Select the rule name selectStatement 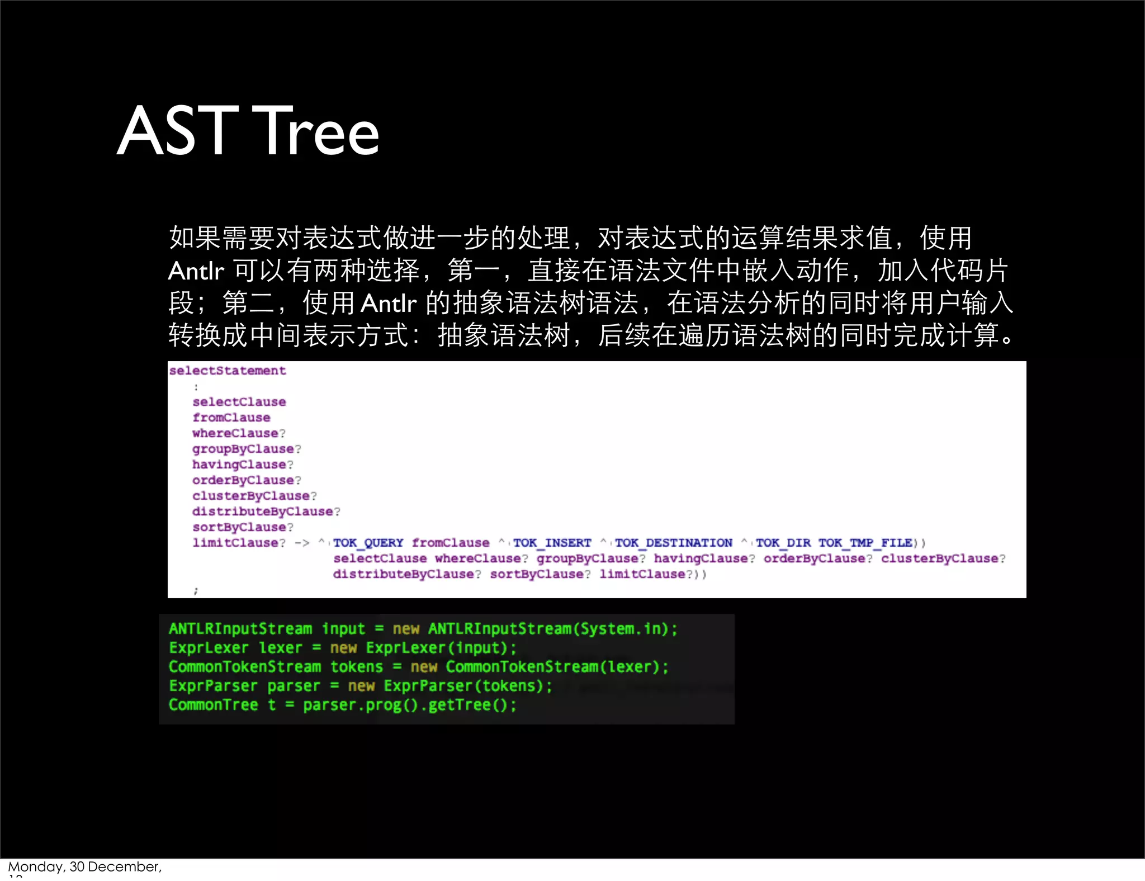pyautogui.click(x=228, y=371)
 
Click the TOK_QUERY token pyautogui.click(x=368, y=543)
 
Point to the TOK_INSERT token pyautogui.click(x=552, y=543)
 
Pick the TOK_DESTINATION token pyautogui.click(x=673, y=543)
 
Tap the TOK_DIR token pyautogui.click(x=783, y=543)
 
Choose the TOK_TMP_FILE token pyautogui.click(x=865, y=543)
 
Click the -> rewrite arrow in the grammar pyautogui.click(x=302, y=543)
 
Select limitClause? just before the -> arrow pyautogui.click(x=239, y=543)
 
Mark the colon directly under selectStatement pyautogui.click(x=196, y=387)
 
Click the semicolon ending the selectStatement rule pyautogui.click(x=196, y=590)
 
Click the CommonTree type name pyautogui.click(x=213, y=705)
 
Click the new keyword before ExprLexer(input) pyautogui.click(x=343, y=648)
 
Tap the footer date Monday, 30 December pyautogui.click(x=84, y=866)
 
